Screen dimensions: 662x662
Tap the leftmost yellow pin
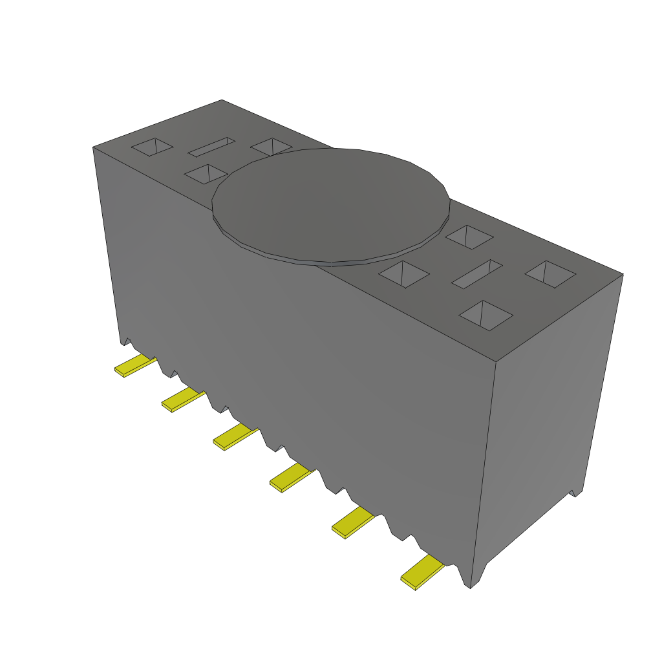pyautogui.click(x=134, y=366)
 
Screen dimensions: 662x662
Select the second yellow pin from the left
pyautogui.click(x=182, y=401)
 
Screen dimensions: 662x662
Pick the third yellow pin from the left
pyautogui.click(x=235, y=438)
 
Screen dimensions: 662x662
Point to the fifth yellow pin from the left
pyautogui.click(x=352, y=522)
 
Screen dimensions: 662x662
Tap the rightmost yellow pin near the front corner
pyautogui.click(x=422, y=573)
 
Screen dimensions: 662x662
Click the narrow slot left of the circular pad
pyautogui.click(x=211, y=146)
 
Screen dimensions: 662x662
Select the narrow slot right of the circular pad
pyautogui.click(x=477, y=274)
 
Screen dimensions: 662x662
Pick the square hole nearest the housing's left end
pyautogui.click(x=153, y=147)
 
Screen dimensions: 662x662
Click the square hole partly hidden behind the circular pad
pyautogui.click(x=270, y=147)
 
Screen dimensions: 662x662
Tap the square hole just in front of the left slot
pyautogui.click(x=206, y=174)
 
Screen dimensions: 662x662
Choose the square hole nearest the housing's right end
pyautogui.click(x=550, y=274)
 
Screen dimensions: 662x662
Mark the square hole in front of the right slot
pyautogui.click(x=486, y=315)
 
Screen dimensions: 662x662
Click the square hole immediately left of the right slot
pyautogui.click(x=404, y=273)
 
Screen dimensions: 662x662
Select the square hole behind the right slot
pyautogui.click(x=470, y=237)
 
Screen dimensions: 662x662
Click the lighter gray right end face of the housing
pyautogui.click(x=550, y=414)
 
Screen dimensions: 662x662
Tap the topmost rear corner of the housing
pyautogui.click(x=222, y=100)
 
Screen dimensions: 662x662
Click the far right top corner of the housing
pyautogui.click(x=623, y=273)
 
